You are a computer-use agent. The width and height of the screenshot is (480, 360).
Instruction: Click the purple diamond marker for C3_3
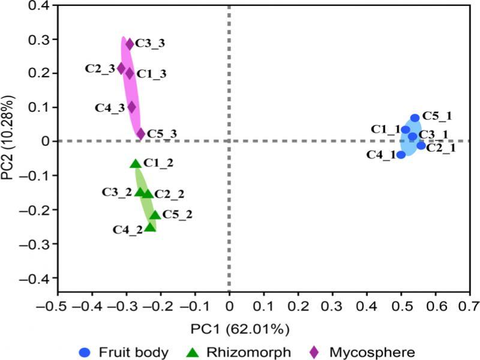[130, 44]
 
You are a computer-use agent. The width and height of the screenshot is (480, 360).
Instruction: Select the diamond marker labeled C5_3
[141, 133]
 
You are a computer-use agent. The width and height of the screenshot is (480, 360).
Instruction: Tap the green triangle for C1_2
[136, 163]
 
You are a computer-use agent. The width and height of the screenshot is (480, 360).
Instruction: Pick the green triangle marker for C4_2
[150, 227]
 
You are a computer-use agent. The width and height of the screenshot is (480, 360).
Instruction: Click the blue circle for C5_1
[415, 118]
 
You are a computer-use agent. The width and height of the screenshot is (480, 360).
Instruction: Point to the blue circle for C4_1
[401, 154]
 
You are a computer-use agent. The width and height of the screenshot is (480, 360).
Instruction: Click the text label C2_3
[99, 68]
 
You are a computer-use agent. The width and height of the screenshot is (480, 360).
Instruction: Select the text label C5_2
[178, 214]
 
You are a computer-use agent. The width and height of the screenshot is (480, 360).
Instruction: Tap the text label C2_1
[440, 148]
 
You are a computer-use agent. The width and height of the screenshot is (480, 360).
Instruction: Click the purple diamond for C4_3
[132, 107]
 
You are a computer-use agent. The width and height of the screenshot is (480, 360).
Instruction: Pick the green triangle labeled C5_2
[155, 215]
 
